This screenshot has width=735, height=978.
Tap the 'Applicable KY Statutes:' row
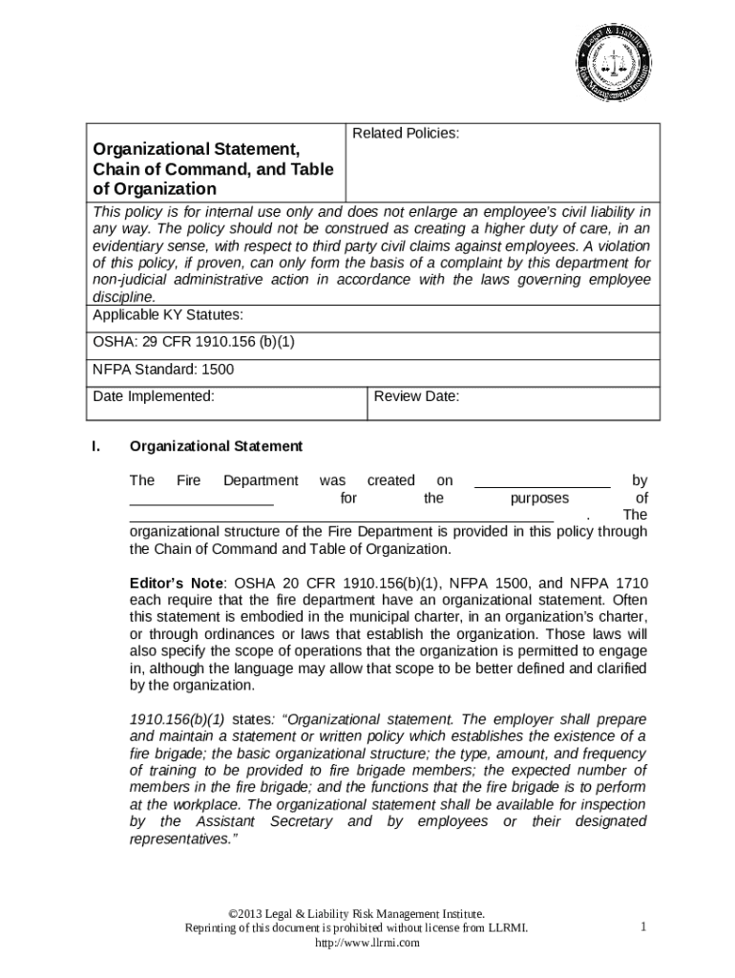(167, 315)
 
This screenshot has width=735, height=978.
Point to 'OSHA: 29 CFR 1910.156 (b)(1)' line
(199, 343)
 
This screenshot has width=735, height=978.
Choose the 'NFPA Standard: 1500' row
(163, 370)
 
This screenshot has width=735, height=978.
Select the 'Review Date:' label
(417, 396)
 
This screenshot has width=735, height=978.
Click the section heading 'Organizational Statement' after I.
(216, 446)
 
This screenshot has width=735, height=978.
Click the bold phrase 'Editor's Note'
(177, 583)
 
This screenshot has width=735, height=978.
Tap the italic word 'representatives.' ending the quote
(180, 840)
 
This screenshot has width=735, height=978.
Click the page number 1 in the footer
(644, 927)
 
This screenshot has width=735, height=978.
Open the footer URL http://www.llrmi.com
(367, 944)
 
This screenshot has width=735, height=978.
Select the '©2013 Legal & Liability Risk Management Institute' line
(367, 914)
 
